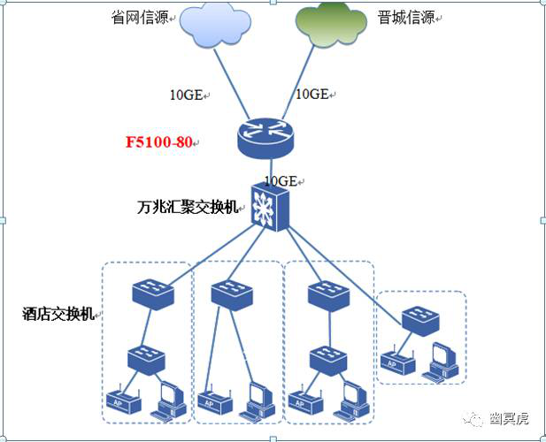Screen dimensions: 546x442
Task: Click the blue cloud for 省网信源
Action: point(215,25)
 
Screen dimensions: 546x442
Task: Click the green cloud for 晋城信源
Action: point(331,25)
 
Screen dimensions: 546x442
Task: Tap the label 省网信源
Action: point(140,17)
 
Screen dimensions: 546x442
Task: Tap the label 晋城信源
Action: point(406,17)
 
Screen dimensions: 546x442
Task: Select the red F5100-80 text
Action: point(158,142)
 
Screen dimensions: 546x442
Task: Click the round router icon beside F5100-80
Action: point(265,138)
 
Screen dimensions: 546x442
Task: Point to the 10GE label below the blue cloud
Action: point(187,95)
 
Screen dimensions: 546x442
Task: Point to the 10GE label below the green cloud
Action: point(312,94)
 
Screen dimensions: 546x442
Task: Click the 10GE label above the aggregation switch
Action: point(281,181)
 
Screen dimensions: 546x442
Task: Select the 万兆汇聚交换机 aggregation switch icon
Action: point(270,207)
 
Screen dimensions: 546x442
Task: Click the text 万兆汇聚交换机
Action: point(188,207)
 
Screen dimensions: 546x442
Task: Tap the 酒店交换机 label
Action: point(58,314)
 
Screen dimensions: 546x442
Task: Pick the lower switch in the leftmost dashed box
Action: point(146,359)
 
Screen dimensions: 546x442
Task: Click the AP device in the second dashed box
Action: point(215,402)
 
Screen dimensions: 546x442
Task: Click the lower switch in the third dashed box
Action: point(328,361)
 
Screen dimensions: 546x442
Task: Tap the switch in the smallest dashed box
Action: point(420,321)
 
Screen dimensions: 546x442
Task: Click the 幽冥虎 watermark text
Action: point(509,419)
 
